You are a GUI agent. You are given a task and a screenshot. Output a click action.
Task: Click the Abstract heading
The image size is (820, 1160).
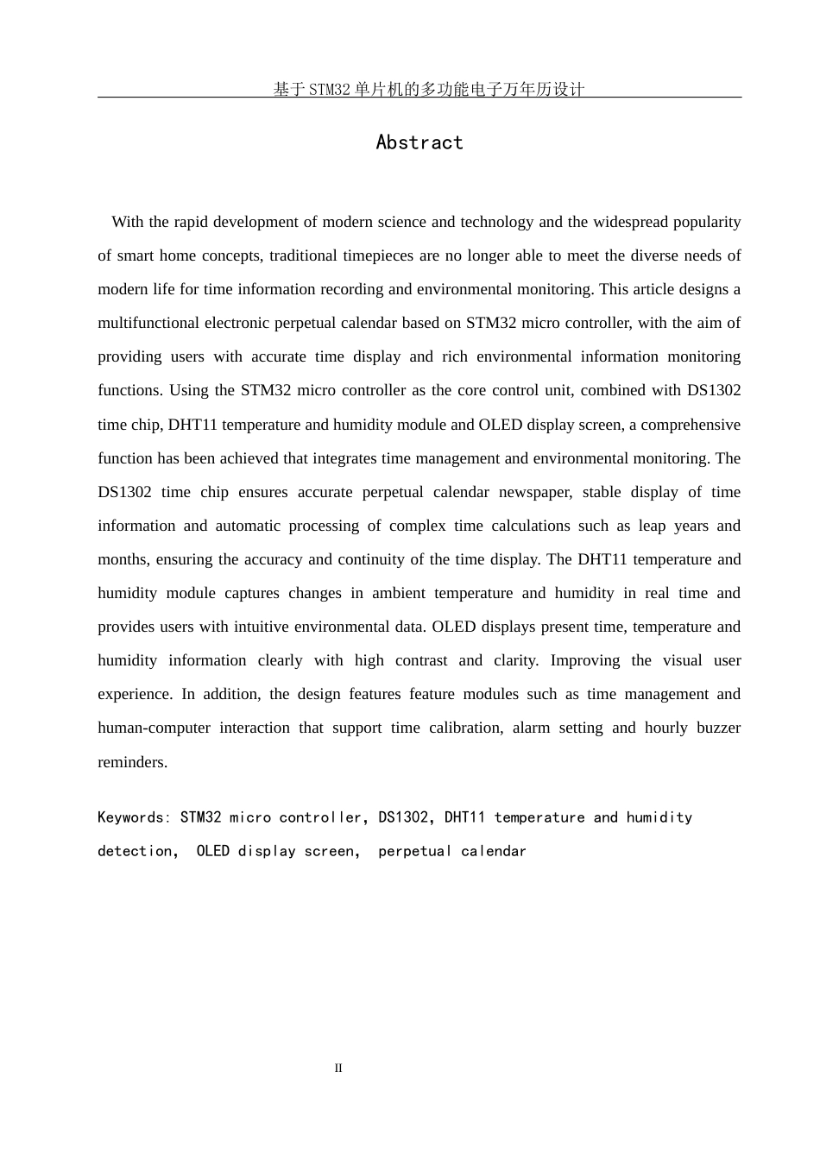point(419,142)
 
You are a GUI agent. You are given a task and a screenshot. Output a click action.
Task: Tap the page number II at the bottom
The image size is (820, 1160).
point(338,1069)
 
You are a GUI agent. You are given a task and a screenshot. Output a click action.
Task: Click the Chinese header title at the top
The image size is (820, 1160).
point(429,89)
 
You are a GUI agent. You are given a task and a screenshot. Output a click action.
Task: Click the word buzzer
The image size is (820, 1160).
point(718,728)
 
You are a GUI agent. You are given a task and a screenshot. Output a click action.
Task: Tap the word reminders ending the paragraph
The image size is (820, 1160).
point(132,762)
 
